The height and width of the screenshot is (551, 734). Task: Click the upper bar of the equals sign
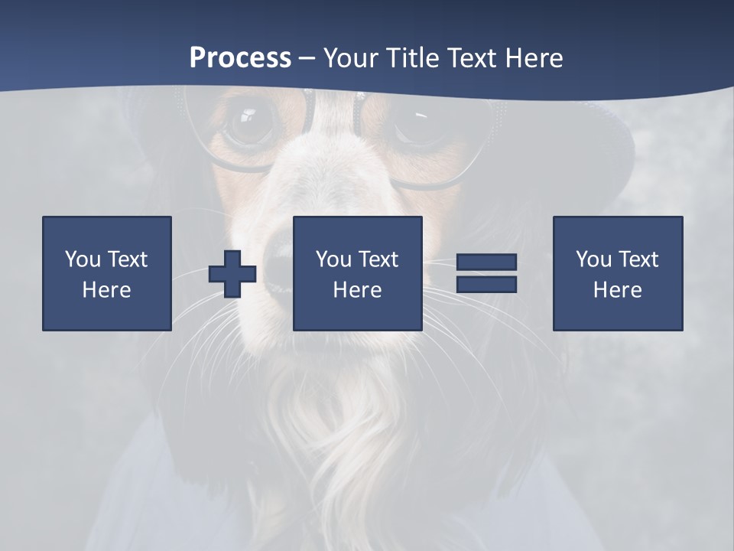click(x=486, y=262)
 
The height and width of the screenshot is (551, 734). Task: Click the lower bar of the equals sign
click(x=486, y=285)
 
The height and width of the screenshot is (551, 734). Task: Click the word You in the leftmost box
click(x=83, y=259)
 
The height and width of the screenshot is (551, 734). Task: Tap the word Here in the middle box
click(x=357, y=290)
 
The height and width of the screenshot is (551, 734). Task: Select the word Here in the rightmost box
click(x=618, y=290)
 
